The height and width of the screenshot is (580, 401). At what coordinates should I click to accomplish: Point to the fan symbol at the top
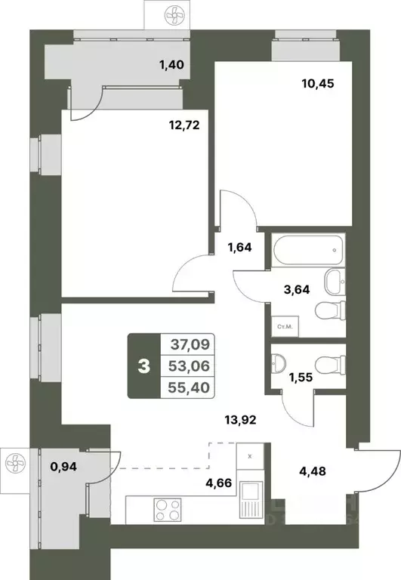pyautogui.click(x=170, y=14)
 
